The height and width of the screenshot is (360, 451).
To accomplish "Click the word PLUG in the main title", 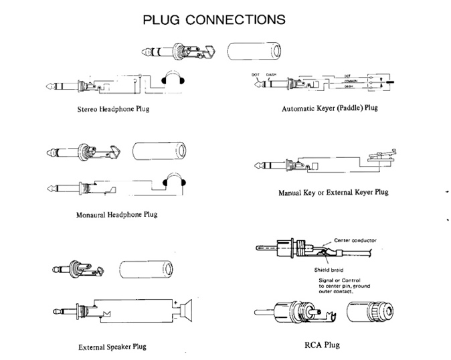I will [x=165, y=19].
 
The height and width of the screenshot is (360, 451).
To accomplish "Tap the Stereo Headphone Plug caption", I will [x=112, y=108].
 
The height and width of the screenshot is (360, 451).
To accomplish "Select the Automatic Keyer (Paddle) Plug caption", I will [x=331, y=107].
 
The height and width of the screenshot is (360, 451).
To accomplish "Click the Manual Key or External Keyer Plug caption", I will [x=333, y=193].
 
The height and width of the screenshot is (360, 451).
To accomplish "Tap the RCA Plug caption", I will [x=323, y=345].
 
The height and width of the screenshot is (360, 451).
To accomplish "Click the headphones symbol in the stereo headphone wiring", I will [x=175, y=81].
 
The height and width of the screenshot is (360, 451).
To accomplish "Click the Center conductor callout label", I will [x=363, y=239].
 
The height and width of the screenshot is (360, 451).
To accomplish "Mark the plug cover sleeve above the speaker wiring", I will [x=143, y=270].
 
